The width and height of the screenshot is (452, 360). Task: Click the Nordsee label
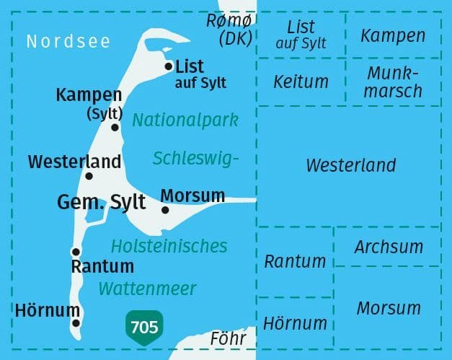(68, 41)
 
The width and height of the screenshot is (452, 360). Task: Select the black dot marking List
(169, 66)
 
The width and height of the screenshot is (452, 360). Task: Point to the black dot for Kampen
(115, 127)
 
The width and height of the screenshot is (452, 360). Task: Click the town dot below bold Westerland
(89, 175)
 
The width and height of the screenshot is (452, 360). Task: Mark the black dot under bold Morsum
(165, 210)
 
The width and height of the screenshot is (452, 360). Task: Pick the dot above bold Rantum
(75, 251)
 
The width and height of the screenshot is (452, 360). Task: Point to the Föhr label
(228, 338)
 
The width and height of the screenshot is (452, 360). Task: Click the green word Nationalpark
(185, 119)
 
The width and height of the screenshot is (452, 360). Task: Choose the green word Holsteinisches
(169, 245)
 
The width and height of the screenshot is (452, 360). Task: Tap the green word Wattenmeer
(148, 289)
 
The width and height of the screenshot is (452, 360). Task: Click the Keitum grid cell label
(301, 82)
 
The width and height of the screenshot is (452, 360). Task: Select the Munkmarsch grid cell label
(394, 82)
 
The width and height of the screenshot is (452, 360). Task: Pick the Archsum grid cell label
(389, 247)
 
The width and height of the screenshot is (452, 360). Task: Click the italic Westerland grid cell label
(351, 164)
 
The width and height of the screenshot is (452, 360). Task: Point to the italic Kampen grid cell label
(393, 35)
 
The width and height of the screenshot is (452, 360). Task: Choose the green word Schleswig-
(195, 158)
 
